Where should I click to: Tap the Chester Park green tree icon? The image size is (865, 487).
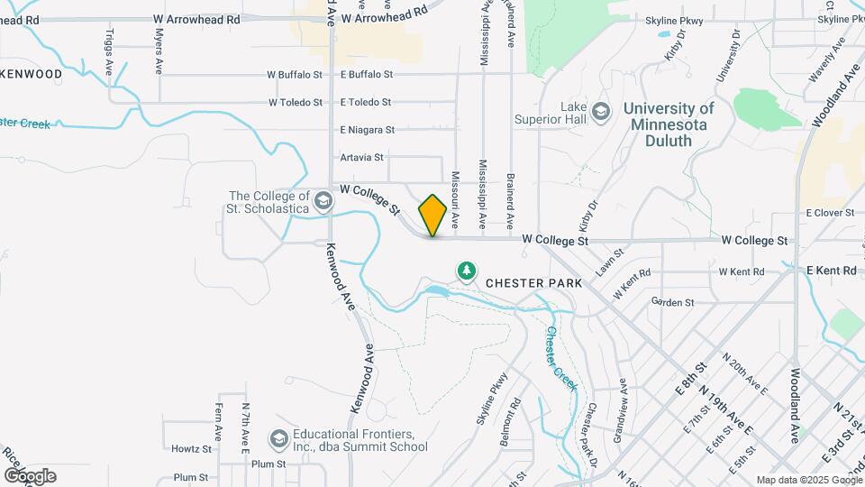pyautogui.click(x=466, y=270)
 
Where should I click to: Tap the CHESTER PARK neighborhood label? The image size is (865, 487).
pyautogui.click(x=533, y=282)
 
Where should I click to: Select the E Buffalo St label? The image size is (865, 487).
pyautogui.click(x=367, y=75)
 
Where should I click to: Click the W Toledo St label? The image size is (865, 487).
pyautogui.click(x=295, y=103)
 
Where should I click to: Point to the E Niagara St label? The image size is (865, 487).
pyautogui.click(x=367, y=130)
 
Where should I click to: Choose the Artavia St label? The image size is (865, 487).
pyautogui.click(x=362, y=157)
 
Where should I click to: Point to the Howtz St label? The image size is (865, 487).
pyautogui.click(x=191, y=448)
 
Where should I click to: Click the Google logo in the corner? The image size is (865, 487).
pyautogui.click(x=30, y=475)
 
